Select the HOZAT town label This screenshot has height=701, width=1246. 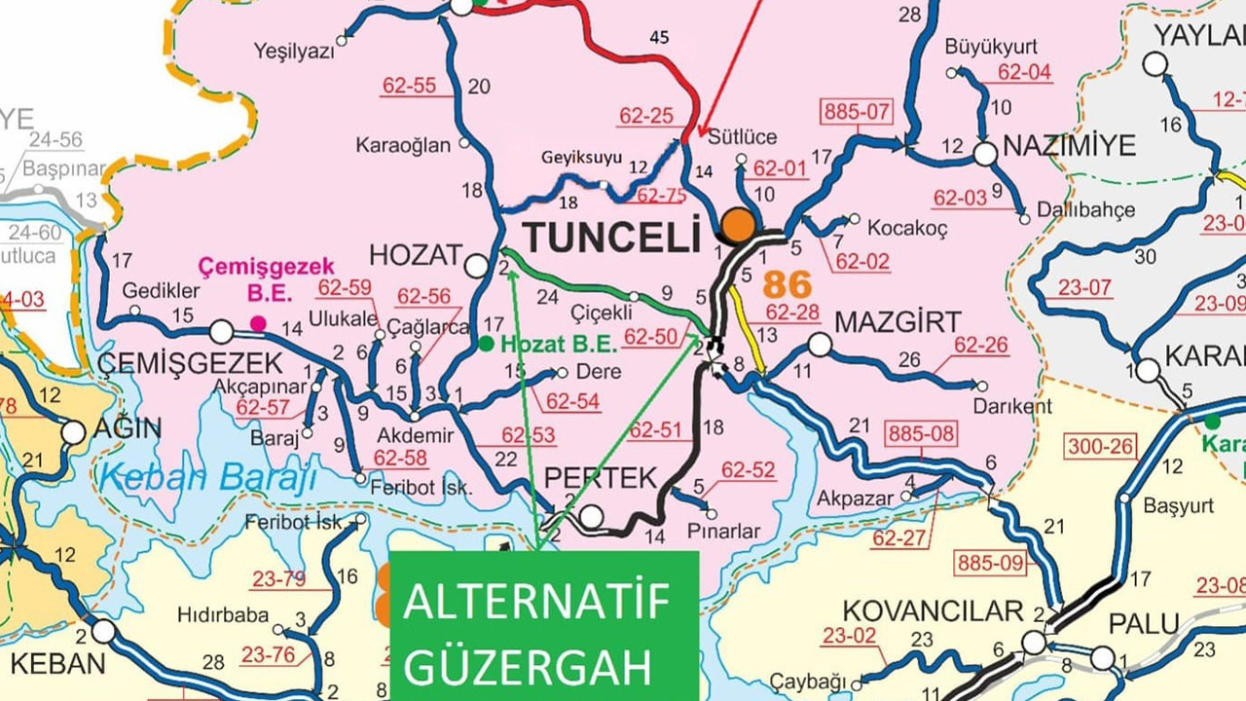click(415, 255)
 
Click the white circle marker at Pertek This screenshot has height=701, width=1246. click(591, 516)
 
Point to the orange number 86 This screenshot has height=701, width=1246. click(787, 285)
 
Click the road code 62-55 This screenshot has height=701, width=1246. click(409, 86)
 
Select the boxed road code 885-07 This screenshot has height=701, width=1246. click(857, 111)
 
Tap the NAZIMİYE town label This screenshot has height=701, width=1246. click(1069, 147)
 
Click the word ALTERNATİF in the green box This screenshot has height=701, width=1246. click(537, 604)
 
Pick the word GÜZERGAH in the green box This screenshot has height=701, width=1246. click(528, 668)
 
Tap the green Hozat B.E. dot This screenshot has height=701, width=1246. click(485, 344)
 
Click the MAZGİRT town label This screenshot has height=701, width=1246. click(898, 321)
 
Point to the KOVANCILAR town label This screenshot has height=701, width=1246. click(932, 610)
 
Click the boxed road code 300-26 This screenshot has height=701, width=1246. click(1101, 447)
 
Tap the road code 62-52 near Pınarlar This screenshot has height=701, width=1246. click(748, 470)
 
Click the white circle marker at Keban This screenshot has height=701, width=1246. click(103, 631)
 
